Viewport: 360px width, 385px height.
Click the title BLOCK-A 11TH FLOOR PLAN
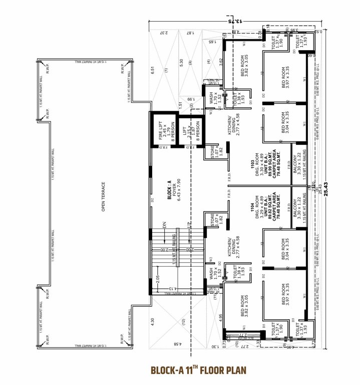point(199,371)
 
